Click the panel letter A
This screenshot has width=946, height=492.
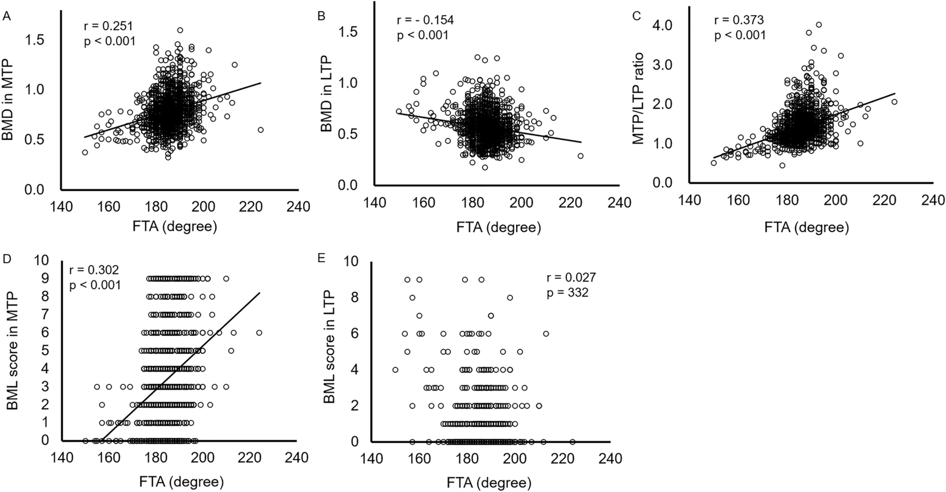click(7, 17)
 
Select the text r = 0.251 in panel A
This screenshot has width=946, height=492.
click(109, 26)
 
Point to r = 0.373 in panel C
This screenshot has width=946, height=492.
click(739, 20)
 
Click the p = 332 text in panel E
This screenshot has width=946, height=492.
click(568, 293)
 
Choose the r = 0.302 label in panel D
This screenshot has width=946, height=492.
click(94, 270)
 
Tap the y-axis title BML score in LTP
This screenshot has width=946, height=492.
click(329, 348)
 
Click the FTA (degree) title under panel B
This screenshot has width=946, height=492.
click(498, 228)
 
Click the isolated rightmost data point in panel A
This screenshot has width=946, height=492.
click(260, 130)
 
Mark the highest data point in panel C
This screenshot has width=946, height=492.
click(819, 24)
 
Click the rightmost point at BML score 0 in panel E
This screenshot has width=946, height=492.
click(572, 442)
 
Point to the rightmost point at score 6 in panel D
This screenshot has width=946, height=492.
click(259, 333)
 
